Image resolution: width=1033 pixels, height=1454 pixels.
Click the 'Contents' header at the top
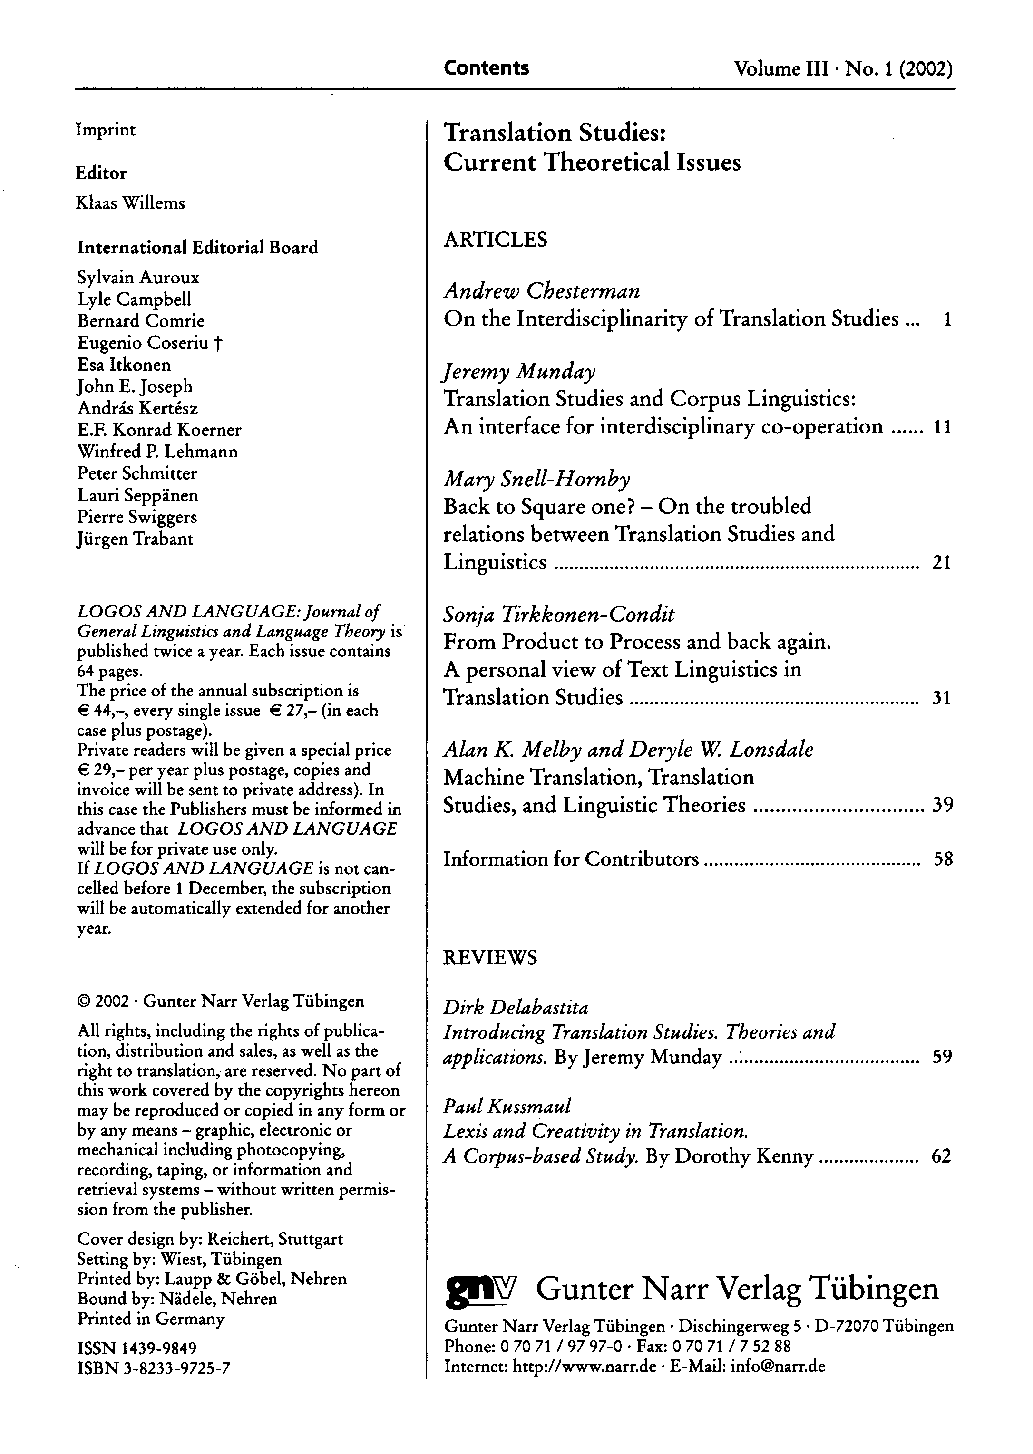point(486,68)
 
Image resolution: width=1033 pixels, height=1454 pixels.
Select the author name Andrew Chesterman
point(541,291)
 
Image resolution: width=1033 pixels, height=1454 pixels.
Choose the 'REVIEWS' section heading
point(490,957)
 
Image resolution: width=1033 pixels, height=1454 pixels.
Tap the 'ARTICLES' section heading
point(495,240)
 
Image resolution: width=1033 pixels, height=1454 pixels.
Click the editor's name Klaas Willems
point(130,203)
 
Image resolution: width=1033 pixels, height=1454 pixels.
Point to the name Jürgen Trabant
point(135,539)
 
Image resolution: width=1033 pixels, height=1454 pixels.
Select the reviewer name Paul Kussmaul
point(507,1106)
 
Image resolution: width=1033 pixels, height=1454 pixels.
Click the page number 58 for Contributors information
point(943,859)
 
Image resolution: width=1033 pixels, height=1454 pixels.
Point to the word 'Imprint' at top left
point(106,130)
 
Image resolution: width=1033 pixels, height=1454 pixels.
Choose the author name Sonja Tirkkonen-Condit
point(558,615)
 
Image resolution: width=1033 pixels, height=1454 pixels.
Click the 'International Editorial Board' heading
point(197,247)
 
